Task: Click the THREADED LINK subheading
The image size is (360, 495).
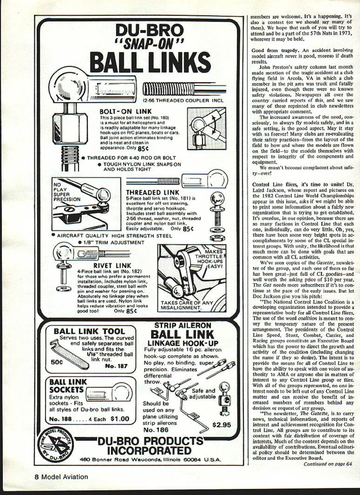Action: tap(153, 192)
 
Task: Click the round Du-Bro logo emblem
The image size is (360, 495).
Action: tap(56, 444)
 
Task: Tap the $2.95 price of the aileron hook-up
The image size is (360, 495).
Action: tap(222, 425)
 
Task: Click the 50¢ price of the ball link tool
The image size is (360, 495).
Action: tap(57, 362)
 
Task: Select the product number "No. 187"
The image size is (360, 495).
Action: tap(116, 366)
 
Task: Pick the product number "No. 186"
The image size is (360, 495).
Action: tap(156, 430)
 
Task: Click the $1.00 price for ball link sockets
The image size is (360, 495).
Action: tap(120, 419)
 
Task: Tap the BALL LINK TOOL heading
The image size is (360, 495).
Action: tap(89, 331)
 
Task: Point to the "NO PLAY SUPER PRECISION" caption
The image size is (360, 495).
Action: tap(66, 192)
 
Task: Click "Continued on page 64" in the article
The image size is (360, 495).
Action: tap(328, 464)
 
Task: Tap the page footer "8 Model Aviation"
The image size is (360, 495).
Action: tap(61, 477)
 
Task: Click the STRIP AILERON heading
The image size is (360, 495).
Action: tap(183, 325)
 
